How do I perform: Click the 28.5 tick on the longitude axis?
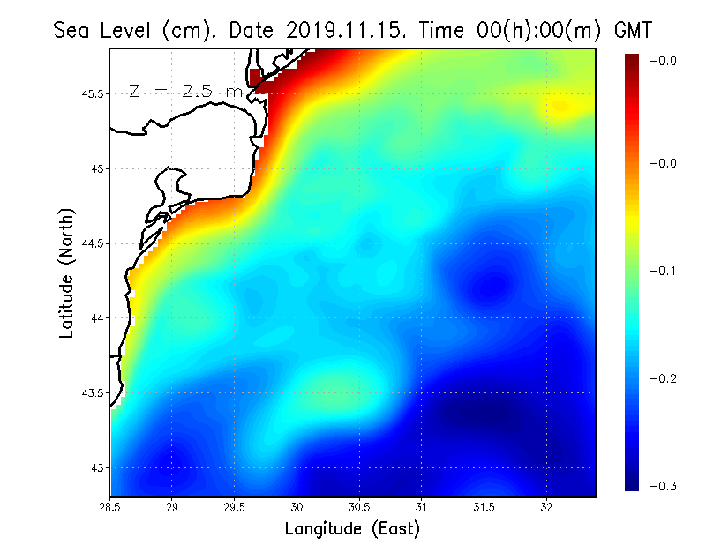[x=110, y=506]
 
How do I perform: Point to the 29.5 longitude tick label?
[x=236, y=506]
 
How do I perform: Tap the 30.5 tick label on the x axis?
[x=360, y=506]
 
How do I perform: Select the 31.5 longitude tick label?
[x=484, y=506]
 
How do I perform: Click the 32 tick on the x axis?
[x=547, y=506]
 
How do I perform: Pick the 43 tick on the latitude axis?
[x=97, y=467]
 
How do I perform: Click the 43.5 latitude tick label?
[x=92, y=392]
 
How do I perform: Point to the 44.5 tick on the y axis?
[x=92, y=243]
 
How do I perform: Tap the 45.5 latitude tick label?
[x=92, y=93]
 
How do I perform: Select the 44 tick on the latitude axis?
[x=97, y=317]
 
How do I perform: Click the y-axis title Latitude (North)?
[x=67, y=273]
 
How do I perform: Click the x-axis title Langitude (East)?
[x=352, y=529]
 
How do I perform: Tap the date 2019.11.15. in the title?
[x=344, y=30]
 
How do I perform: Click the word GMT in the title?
[x=632, y=30]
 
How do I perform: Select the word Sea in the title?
[x=71, y=30]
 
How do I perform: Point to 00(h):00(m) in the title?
[x=526, y=30]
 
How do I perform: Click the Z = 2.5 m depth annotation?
[x=185, y=91]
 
